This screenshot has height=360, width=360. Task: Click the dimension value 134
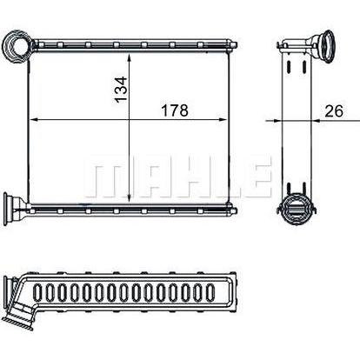pos(121,90)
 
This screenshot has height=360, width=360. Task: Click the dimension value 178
pos(175,110)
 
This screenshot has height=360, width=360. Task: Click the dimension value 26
pos(334,111)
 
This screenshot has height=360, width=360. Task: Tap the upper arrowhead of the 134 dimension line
pos(130,58)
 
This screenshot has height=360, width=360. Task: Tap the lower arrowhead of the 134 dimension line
pos(130,197)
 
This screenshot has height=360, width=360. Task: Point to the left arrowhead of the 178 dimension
pos(35,119)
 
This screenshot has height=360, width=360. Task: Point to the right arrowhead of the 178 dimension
pos(222,119)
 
